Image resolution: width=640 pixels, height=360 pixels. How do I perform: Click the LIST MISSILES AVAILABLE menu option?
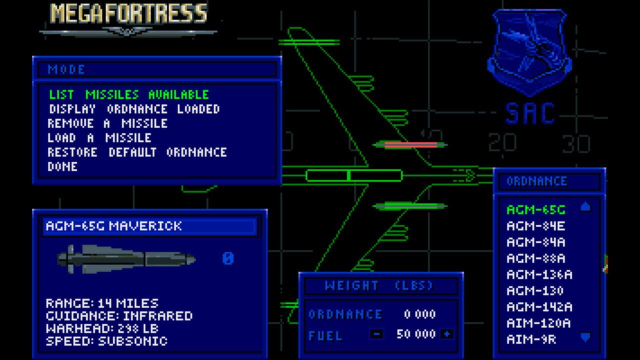(129, 94)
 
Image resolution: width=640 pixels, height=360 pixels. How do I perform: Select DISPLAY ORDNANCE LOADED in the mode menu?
(134, 109)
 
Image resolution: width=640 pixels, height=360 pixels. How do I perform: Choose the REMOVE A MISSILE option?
(107, 123)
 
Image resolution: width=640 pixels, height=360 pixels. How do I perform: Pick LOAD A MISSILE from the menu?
(99, 137)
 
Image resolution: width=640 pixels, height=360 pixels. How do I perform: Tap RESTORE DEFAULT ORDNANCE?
(137, 152)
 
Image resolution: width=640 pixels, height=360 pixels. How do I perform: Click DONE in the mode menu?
(62, 166)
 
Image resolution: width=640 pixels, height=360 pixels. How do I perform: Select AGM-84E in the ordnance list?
(535, 226)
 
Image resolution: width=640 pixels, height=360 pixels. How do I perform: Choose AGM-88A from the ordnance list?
(535, 258)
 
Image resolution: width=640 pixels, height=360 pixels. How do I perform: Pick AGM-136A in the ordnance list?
(539, 274)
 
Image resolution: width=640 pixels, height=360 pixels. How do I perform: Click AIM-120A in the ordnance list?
(538, 323)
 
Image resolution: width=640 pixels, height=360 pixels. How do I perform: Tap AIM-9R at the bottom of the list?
(531, 339)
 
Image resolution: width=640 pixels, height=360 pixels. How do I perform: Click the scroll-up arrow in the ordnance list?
(585, 206)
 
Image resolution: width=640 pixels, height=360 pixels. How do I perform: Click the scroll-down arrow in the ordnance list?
(585, 337)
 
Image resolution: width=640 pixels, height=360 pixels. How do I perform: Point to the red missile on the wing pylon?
(410, 145)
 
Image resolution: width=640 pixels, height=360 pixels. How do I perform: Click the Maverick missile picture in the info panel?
(126, 259)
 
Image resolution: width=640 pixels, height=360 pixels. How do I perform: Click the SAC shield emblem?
(529, 53)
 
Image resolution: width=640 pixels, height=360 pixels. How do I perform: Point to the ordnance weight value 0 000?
(419, 314)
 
